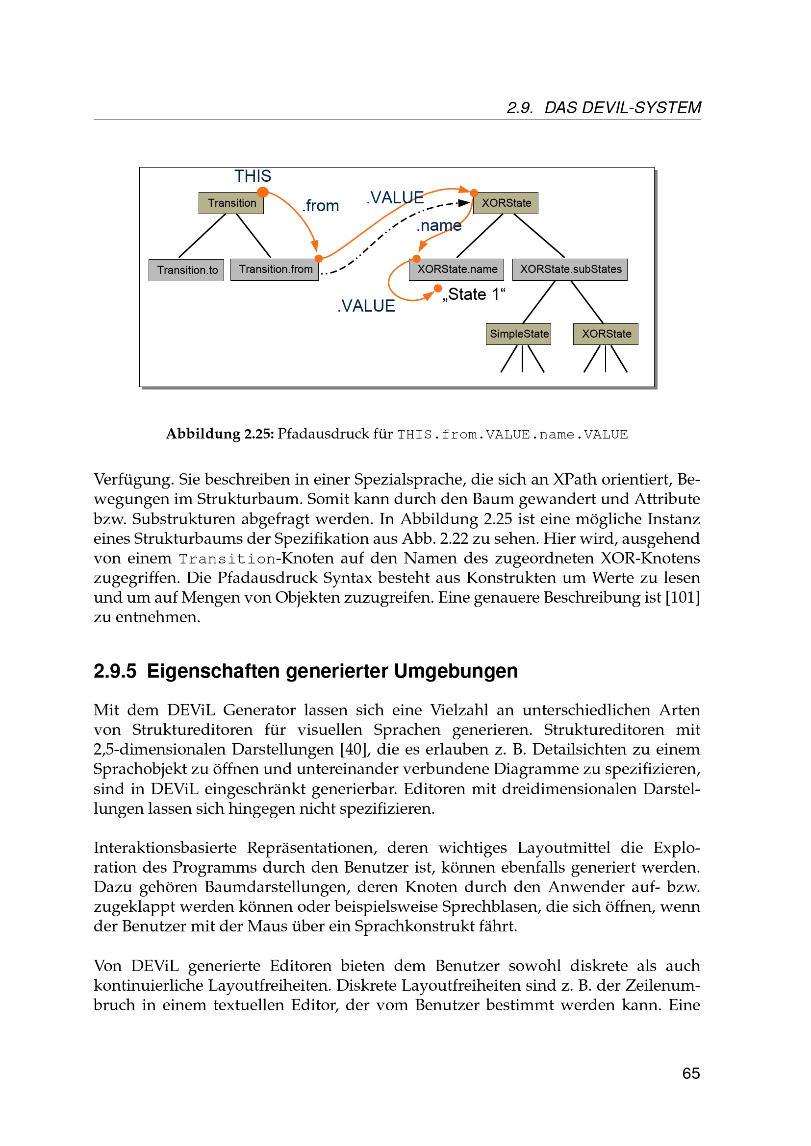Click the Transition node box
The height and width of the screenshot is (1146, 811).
[x=231, y=203]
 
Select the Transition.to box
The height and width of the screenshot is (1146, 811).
[x=186, y=270]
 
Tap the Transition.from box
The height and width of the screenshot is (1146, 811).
[x=274, y=269]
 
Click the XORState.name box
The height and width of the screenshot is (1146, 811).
[x=456, y=269]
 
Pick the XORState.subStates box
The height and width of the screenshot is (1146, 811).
[x=570, y=269]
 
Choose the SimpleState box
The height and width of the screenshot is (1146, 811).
[x=518, y=334]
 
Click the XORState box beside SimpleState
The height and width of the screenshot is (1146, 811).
[x=605, y=334]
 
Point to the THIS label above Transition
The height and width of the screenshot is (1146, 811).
[x=253, y=176]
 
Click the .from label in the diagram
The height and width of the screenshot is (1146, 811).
[x=321, y=206]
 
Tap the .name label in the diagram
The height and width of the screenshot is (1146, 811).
[x=439, y=225]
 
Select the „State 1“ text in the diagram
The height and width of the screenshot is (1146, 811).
[x=474, y=294]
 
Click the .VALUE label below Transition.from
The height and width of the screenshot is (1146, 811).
[x=366, y=306]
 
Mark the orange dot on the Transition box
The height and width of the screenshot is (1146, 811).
[x=263, y=192]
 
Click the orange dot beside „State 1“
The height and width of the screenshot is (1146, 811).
[x=438, y=288]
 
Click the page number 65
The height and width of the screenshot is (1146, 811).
[x=691, y=1073]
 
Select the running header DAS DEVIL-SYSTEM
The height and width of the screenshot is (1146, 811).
[x=622, y=108]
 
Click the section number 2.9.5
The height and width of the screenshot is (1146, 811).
[x=115, y=671]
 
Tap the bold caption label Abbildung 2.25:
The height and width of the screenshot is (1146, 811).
[x=220, y=434]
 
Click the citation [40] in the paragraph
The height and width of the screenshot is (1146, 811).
[x=355, y=749]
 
